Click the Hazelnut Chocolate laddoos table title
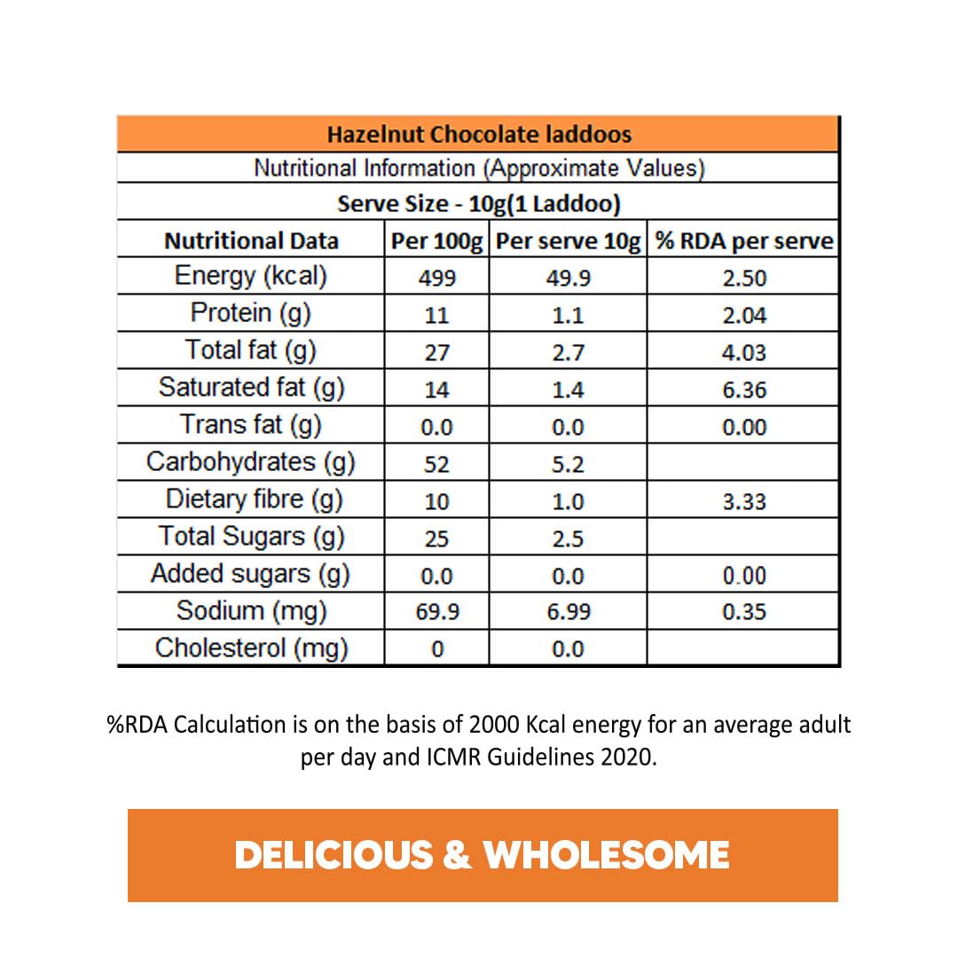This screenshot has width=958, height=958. coord(479,135)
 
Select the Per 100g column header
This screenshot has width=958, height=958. coord(436,240)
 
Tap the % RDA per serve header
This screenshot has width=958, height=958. coord(743,240)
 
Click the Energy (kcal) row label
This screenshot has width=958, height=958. coord(251,277)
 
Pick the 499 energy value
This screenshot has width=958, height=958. coord(436,279)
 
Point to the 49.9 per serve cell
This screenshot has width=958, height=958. coord(568,279)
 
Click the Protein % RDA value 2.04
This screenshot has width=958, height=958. coord(743,316)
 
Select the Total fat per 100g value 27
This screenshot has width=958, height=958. coord(436,353)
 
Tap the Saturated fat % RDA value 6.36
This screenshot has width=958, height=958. coord(743,390)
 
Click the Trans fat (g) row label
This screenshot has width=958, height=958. coord(251,425)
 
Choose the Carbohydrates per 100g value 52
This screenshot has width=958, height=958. coord(436,465)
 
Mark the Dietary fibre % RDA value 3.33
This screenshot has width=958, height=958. coord(743,502)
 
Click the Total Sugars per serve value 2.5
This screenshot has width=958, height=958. coord(568,539)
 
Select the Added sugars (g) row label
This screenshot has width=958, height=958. coord(251,574)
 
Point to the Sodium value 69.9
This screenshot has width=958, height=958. coord(436,612)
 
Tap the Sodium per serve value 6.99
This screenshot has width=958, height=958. coord(568,612)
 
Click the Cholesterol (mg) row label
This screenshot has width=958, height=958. coord(251,648)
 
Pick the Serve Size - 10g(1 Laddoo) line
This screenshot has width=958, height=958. coord(479,204)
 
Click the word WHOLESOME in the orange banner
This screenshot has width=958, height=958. coord(607,855)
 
